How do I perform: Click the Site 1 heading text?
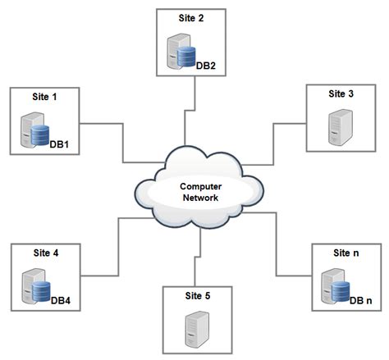tap(44, 97)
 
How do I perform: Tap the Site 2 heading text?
tap(191, 18)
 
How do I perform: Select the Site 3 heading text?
tap(341, 93)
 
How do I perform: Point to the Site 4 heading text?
tap(46, 253)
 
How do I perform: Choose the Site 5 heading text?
tap(198, 296)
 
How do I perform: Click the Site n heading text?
tap(346, 253)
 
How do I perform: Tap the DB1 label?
tap(59, 144)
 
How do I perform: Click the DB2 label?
tap(206, 66)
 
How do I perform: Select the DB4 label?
tap(61, 301)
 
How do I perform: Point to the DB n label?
tap(361, 301)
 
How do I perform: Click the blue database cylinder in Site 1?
tap(40, 135)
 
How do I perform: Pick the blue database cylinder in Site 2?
tap(186, 57)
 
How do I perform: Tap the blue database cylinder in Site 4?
tap(41, 291)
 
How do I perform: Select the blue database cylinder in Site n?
tap(341, 291)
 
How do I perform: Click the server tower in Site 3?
tap(341, 127)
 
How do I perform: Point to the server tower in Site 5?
tap(197, 330)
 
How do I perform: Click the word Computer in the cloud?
tap(201, 187)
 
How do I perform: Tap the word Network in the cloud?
tap(200, 198)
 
